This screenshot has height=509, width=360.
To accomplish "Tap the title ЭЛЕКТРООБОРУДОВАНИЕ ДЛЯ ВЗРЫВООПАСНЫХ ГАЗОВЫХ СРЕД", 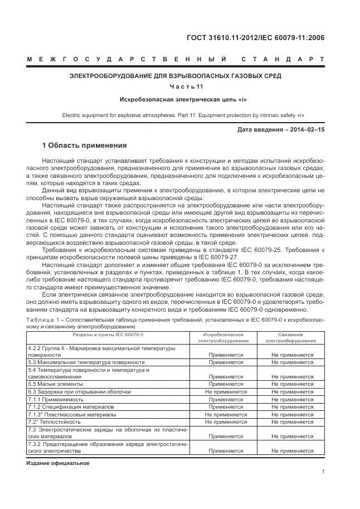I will (175, 75).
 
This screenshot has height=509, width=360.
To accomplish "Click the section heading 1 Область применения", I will (85, 146).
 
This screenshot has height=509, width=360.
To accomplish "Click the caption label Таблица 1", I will (45, 319).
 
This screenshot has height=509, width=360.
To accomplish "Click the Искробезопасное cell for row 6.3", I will (226, 392).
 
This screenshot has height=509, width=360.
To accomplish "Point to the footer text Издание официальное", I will (57, 463).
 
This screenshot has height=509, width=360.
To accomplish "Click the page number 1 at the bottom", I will (323, 472).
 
